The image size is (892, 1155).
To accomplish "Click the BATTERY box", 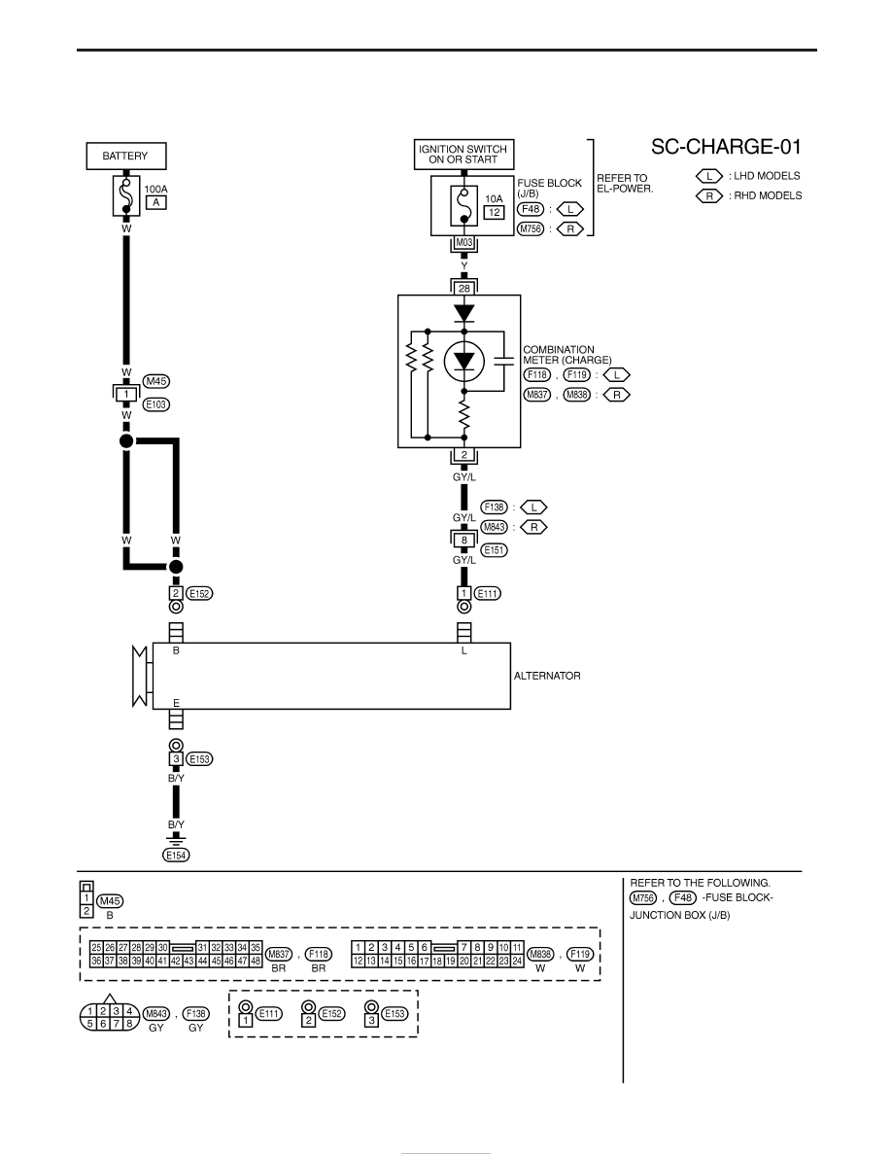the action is click(x=126, y=157).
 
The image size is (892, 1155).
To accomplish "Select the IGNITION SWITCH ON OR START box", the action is click(x=463, y=154).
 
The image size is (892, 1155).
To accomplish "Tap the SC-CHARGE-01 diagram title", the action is click(x=726, y=147).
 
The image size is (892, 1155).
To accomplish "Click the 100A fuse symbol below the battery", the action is click(x=126, y=195).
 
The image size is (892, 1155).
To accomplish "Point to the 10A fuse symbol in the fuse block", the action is click(x=463, y=205).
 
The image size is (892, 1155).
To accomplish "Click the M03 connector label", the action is click(x=463, y=242).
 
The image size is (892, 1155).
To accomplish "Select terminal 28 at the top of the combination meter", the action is click(x=463, y=289).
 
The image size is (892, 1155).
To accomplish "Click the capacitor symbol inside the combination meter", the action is click(x=504, y=361).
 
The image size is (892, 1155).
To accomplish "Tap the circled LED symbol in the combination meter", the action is click(x=463, y=361).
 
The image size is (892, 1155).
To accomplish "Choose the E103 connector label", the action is click(x=156, y=404).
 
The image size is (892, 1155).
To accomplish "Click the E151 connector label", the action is click(x=494, y=550).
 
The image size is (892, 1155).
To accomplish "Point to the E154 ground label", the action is click(x=176, y=856).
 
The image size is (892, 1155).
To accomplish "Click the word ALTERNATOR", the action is click(x=547, y=676).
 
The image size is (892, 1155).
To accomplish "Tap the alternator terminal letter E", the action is click(x=176, y=703).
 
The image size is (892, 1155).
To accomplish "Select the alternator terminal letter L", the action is click(x=463, y=651).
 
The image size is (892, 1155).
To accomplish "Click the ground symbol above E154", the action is click(x=176, y=839).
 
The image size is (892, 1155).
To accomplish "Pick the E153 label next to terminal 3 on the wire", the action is click(x=200, y=758).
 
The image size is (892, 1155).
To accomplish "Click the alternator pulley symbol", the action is click(x=140, y=676).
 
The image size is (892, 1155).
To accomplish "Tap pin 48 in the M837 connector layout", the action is click(x=256, y=962).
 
